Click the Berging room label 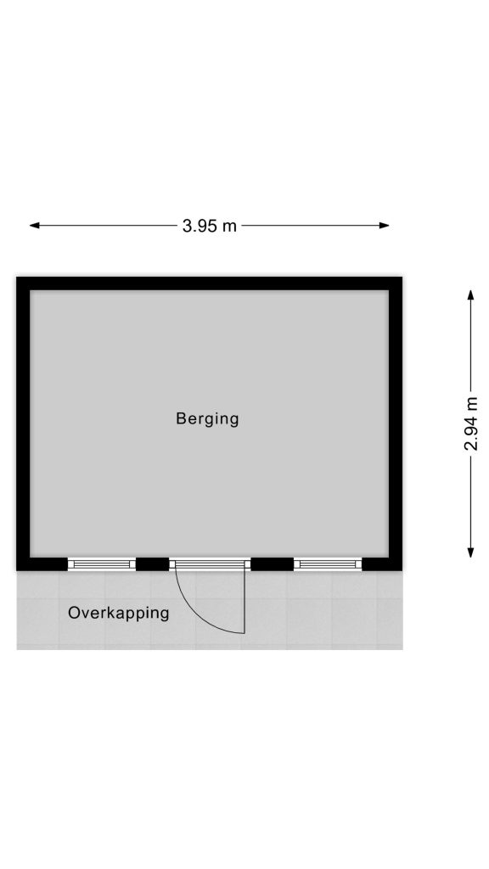[207, 419]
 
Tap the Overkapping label [119, 614]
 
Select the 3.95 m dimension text [209, 226]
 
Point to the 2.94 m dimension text [470, 424]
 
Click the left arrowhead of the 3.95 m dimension [34, 226]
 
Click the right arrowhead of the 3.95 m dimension [385, 226]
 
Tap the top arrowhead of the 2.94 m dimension [470, 294]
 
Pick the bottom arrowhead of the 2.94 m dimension [470, 552]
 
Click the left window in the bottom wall [102, 564]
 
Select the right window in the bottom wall [328, 564]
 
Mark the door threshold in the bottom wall [211, 564]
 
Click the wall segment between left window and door [153, 564]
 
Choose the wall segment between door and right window [273, 564]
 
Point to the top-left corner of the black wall [17, 278]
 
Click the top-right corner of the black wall [402, 278]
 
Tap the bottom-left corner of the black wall [17, 570]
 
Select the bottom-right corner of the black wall [402, 570]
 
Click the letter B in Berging [181, 418]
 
